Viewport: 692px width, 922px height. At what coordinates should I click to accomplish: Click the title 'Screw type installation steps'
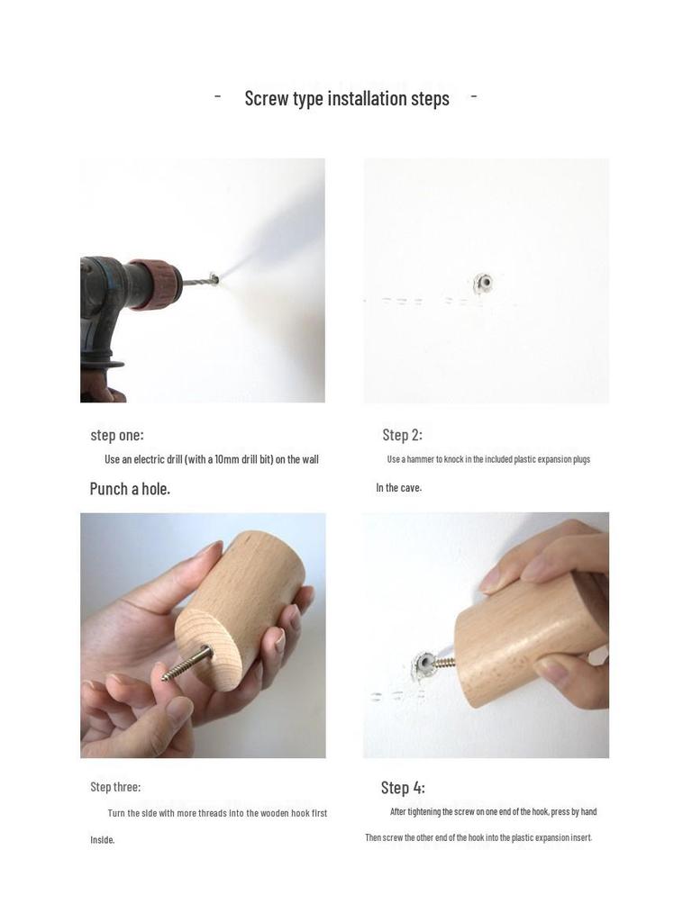[347, 98]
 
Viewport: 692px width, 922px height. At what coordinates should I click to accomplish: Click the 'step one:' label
[116, 435]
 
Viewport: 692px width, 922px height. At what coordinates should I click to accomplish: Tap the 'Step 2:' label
[402, 435]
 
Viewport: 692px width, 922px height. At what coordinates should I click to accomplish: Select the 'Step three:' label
[115, 787]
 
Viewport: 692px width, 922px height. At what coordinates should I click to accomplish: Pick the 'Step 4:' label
[403, 788]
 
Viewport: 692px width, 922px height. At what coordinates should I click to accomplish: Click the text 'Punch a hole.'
[130, 489]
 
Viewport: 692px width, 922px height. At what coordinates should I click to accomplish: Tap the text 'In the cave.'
[398, 488]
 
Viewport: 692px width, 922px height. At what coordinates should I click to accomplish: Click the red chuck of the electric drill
[156, 284]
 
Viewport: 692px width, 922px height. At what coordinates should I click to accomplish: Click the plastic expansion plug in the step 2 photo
[484, 285]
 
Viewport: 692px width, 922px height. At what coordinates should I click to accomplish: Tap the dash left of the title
[218, 96]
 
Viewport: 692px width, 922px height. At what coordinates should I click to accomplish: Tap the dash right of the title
[474, 96]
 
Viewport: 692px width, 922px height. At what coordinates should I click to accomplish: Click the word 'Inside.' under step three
[103, 840]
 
